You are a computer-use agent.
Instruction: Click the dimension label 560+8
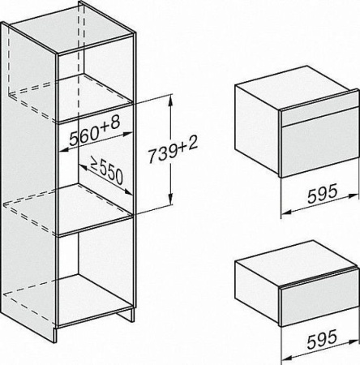coord(94,131)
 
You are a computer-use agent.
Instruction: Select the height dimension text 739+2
coord(174,151)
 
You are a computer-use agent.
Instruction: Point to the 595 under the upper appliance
coord(323,193)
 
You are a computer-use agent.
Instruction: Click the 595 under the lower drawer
coord(322,338)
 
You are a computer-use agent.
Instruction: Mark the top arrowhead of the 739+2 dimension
coord(170,100)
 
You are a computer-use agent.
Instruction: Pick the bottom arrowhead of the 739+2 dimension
coord(170,200)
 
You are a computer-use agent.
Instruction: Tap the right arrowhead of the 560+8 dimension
coord(127,134)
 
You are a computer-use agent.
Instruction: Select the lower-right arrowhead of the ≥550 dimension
coord(128,192)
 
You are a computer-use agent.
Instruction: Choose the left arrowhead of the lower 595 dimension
coord(286,358)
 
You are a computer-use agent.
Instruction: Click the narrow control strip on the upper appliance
coord(320,114)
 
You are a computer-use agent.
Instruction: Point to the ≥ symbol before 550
coord(95,164)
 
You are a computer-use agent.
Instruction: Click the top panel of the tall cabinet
coord(72,32)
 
